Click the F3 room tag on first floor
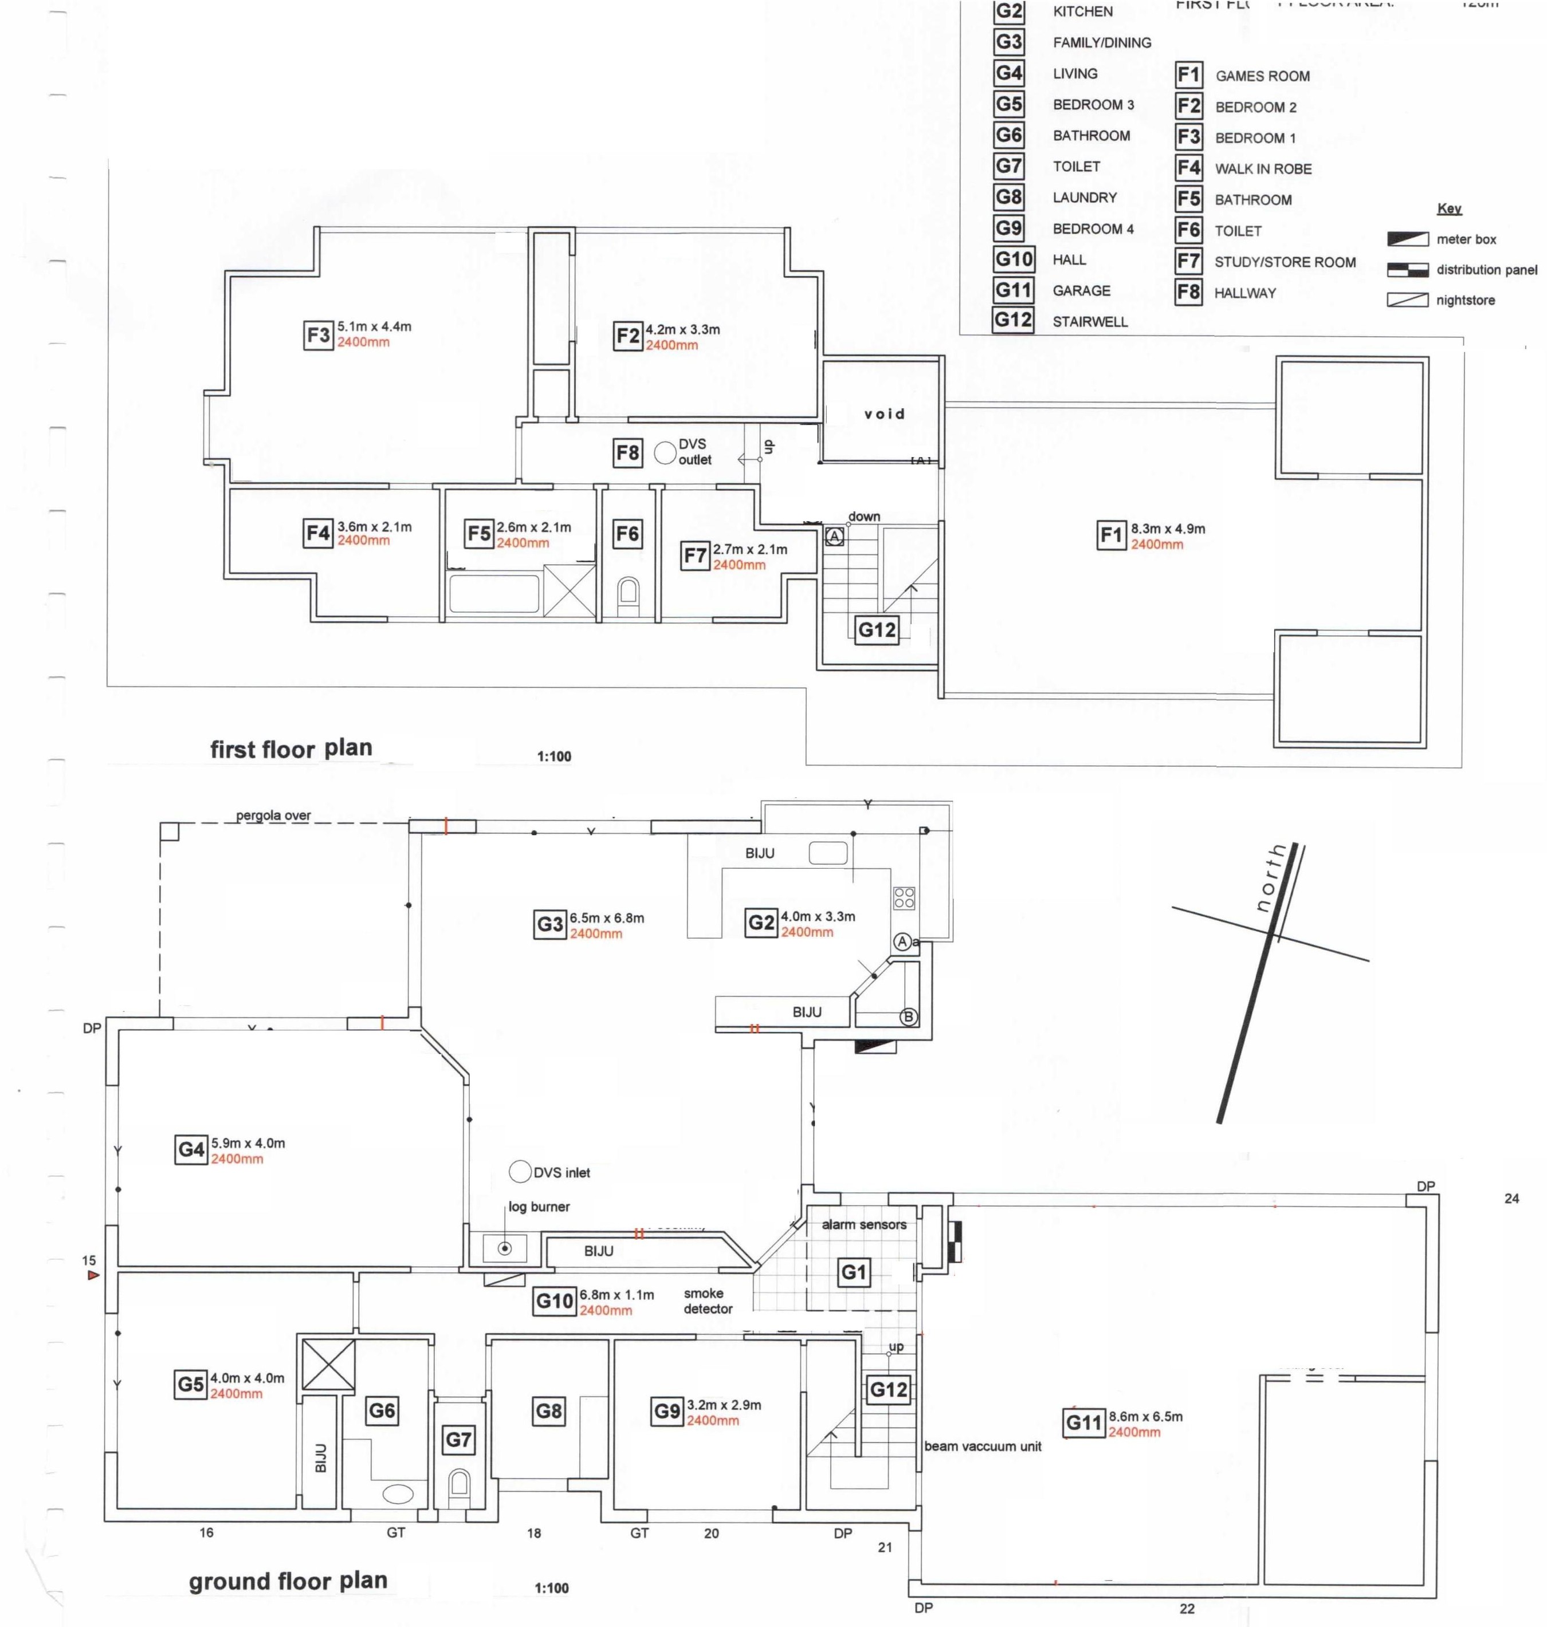point(319,336)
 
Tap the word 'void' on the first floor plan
point(884,413)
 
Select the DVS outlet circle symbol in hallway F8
point(665,452)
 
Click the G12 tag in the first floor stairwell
point(877,630)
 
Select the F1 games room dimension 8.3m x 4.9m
point(1168,529)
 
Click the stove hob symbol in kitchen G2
point(904,897)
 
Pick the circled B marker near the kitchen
point(908,1017)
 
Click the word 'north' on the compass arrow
point(1271,878)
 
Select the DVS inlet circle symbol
point(520,1171)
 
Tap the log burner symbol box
point(505,1248)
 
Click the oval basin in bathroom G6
point(398,1494)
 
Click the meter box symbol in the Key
point(1408,239)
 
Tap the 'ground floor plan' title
point(288,1580)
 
